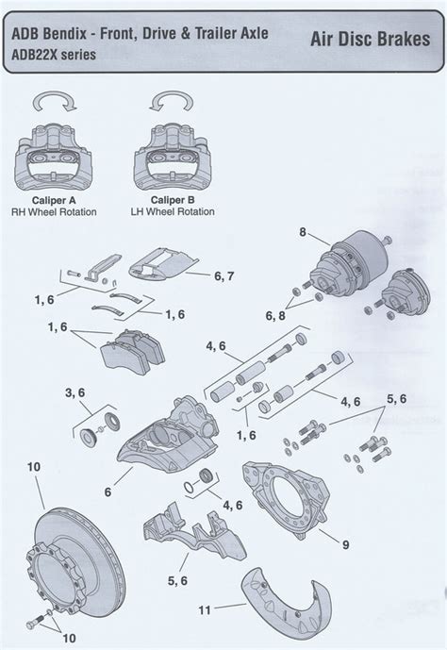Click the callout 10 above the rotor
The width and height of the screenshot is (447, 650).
(x=34, y=466)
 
